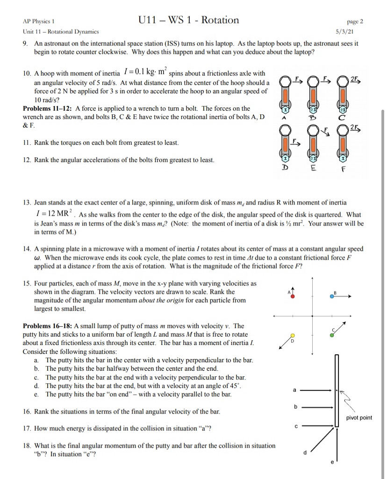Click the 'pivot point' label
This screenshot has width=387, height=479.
tap(359, 417)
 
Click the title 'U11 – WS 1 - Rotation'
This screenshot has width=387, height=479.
tap(189, 20)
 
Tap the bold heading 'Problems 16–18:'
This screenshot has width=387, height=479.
tap(45, 326)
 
